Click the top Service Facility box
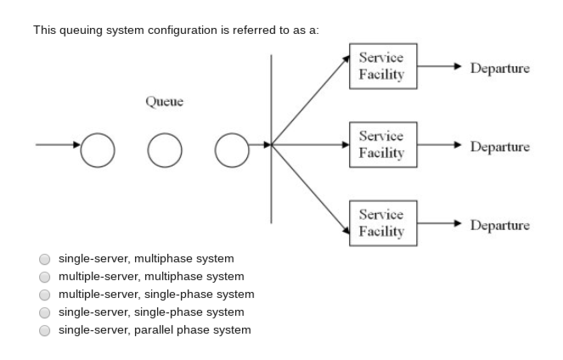coord(382,66)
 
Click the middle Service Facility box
coord(382,144)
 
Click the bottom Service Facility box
coord(382,223)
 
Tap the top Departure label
coord(499,68)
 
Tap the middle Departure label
coord(499,147)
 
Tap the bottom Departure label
coord(499,225)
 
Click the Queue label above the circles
coord(164,102)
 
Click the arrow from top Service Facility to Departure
coord(439,66)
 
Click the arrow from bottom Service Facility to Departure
coord(439,224)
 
